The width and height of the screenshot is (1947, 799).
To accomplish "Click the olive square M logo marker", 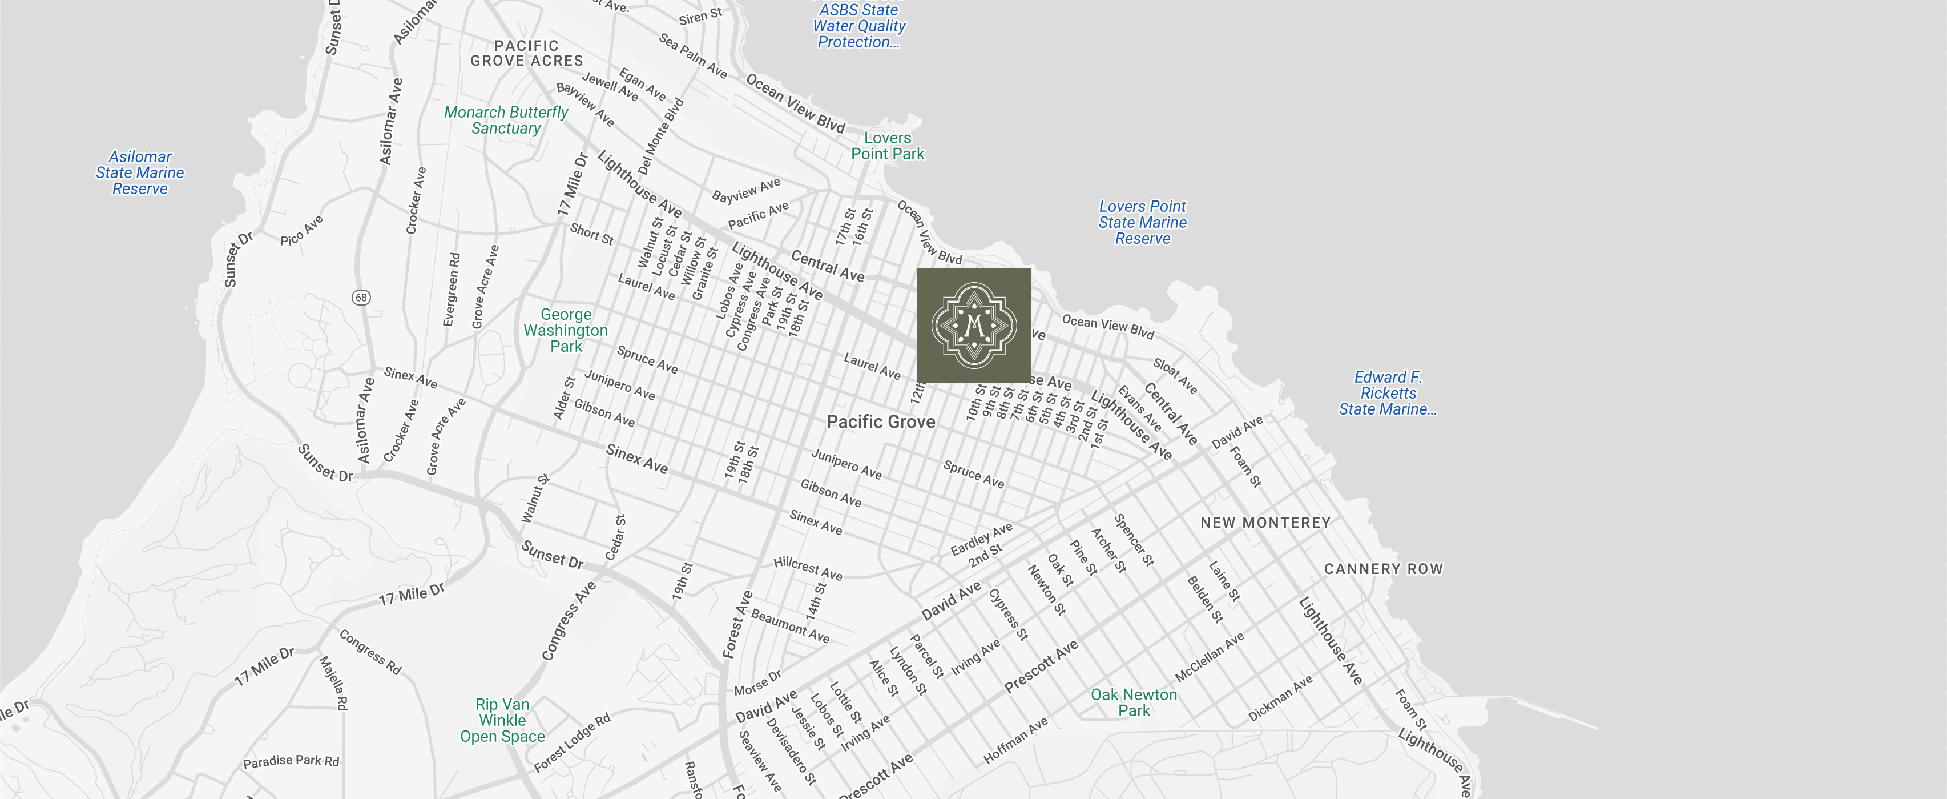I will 974,325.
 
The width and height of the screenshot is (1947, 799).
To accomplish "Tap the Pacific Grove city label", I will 881,422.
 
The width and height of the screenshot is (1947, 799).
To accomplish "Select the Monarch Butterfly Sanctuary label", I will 506,120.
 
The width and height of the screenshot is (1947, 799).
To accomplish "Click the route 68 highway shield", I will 361,297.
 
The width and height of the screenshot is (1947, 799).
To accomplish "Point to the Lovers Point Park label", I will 888,146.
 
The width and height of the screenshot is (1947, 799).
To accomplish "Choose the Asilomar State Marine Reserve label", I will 140,172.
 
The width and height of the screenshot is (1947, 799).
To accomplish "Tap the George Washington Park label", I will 565,330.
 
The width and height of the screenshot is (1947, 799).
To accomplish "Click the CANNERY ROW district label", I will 1383,568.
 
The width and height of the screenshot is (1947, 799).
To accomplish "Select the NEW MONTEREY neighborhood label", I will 1264,523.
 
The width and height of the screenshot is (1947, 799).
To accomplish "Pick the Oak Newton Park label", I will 1133,702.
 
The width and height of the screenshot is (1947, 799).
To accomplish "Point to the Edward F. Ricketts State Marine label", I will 1387,393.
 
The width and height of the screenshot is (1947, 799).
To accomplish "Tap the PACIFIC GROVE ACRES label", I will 527,53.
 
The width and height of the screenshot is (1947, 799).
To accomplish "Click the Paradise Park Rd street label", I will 291,761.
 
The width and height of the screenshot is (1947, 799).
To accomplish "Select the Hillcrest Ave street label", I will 807,568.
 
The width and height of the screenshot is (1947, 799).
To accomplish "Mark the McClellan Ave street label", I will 1210,657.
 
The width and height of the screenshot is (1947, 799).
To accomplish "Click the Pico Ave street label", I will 301,231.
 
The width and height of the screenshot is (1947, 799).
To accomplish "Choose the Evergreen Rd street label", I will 450,290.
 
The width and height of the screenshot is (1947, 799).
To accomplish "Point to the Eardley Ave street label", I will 981,538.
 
